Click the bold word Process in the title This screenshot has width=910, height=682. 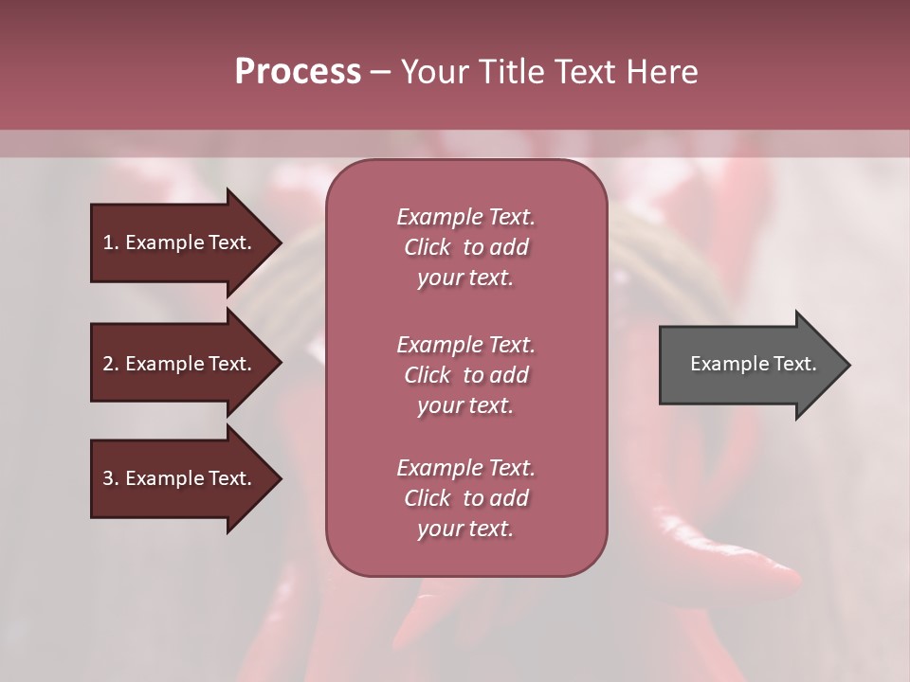click(298, 72)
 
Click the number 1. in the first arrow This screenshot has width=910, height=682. click(110, 242)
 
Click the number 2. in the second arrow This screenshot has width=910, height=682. click(110, 364)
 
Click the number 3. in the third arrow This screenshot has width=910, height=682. click(110, 478)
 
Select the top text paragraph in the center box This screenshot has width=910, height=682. click(465, 247)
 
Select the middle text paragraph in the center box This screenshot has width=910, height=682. click(465, 375)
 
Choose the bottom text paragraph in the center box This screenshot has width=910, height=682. click(465, 498)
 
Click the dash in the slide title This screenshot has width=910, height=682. click(381, 72)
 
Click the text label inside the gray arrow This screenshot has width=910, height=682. click(753, 364)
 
